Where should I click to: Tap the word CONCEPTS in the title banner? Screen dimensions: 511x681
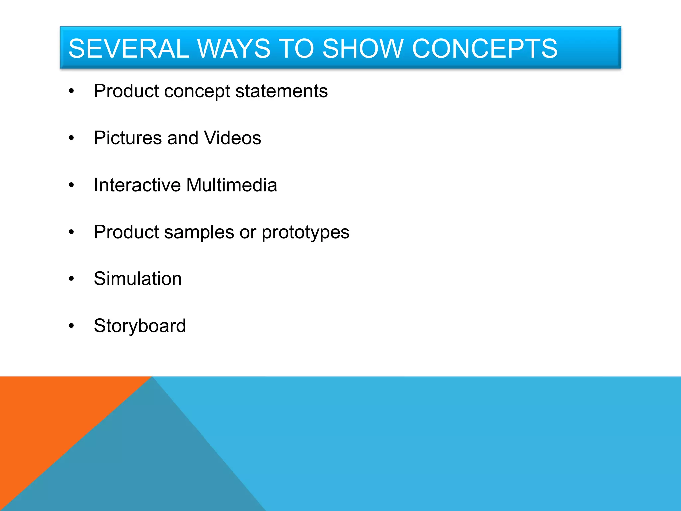(484, 49)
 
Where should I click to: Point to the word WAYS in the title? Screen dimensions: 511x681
(234, 49)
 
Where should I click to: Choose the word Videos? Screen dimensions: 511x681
(232, 138)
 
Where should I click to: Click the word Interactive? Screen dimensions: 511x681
(137, 185)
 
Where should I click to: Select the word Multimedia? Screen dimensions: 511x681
(231, 185)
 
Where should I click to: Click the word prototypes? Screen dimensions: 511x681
(305, 233)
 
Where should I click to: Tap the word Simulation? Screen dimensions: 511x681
(138, 279)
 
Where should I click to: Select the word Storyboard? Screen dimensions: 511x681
(140, 326)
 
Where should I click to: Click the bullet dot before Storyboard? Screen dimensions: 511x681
(71, 326)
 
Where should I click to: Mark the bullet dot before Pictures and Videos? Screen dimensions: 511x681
(71, 138)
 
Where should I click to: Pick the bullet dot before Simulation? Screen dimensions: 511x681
(71, 279)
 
